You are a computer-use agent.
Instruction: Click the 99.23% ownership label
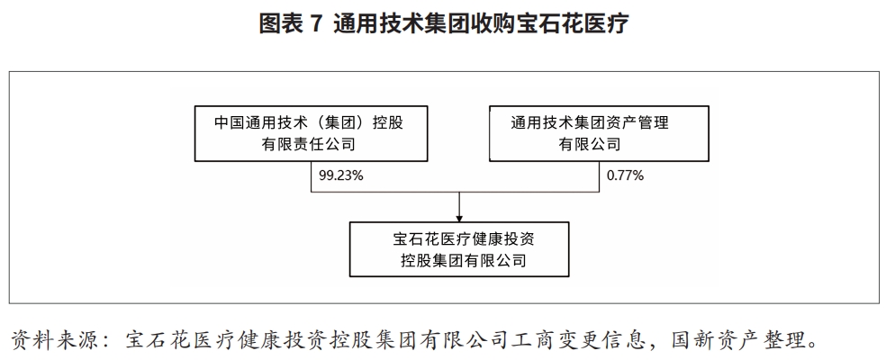(x=340, y=175)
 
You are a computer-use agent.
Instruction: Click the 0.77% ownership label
(x=625, y=175)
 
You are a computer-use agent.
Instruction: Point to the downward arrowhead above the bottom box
(x=459, y=217)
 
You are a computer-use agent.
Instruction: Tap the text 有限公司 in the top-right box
(x=590, y=144)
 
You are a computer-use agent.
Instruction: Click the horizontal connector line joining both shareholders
(x=456, y=192)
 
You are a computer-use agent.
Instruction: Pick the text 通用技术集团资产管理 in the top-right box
(x=590, y=122)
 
